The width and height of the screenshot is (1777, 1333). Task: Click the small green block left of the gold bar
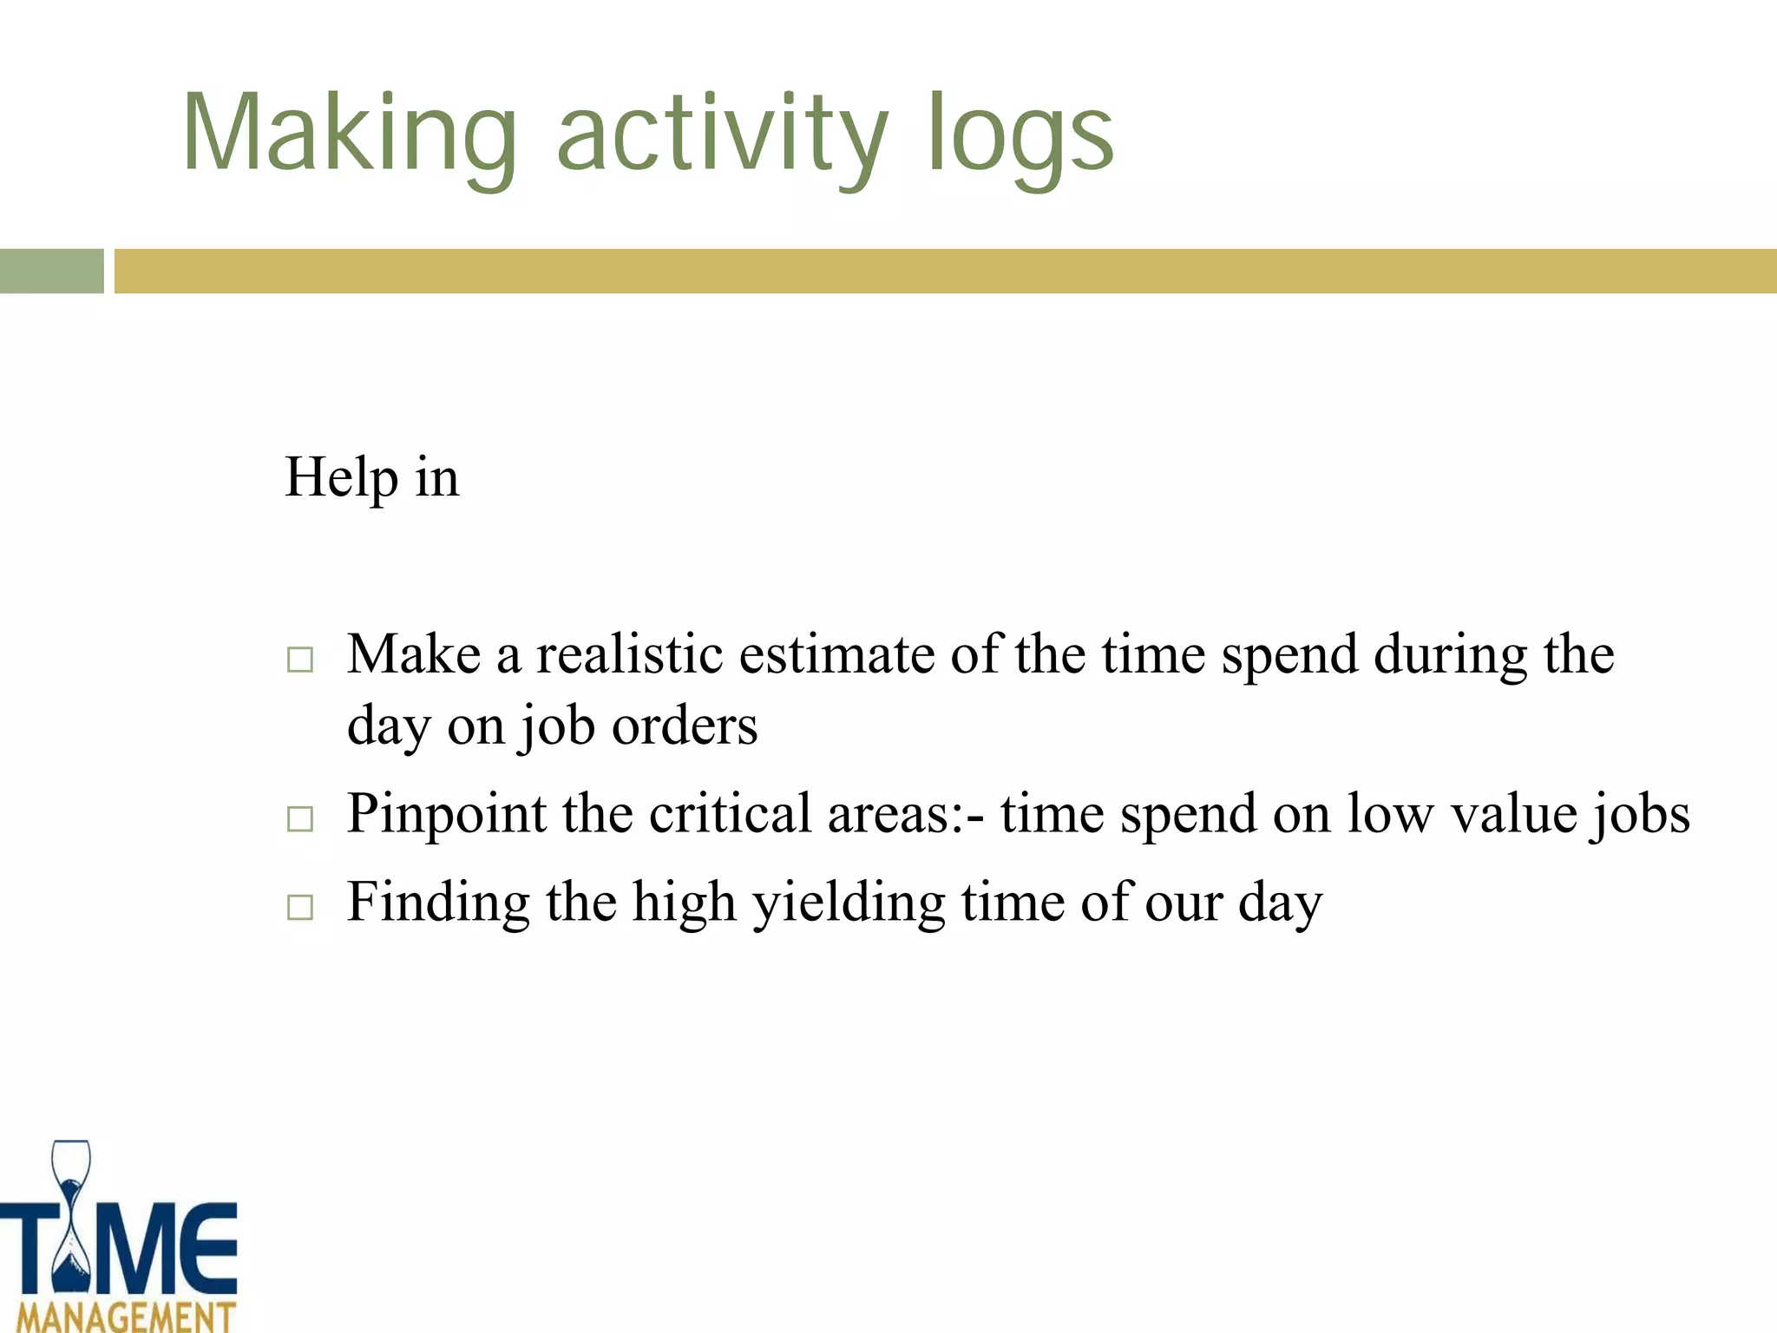(51, 271)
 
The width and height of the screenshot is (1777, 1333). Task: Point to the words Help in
(371, 477)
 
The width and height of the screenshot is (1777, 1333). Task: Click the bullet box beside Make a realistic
(300, 660)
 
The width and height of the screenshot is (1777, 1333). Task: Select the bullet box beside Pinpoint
(300, 818)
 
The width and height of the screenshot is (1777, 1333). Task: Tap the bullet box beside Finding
(300, 907)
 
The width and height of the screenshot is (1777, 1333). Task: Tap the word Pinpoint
(446, 816)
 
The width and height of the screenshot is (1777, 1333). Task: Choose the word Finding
(438, 903)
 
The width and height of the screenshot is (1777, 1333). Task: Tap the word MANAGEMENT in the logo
(127, 1316)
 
